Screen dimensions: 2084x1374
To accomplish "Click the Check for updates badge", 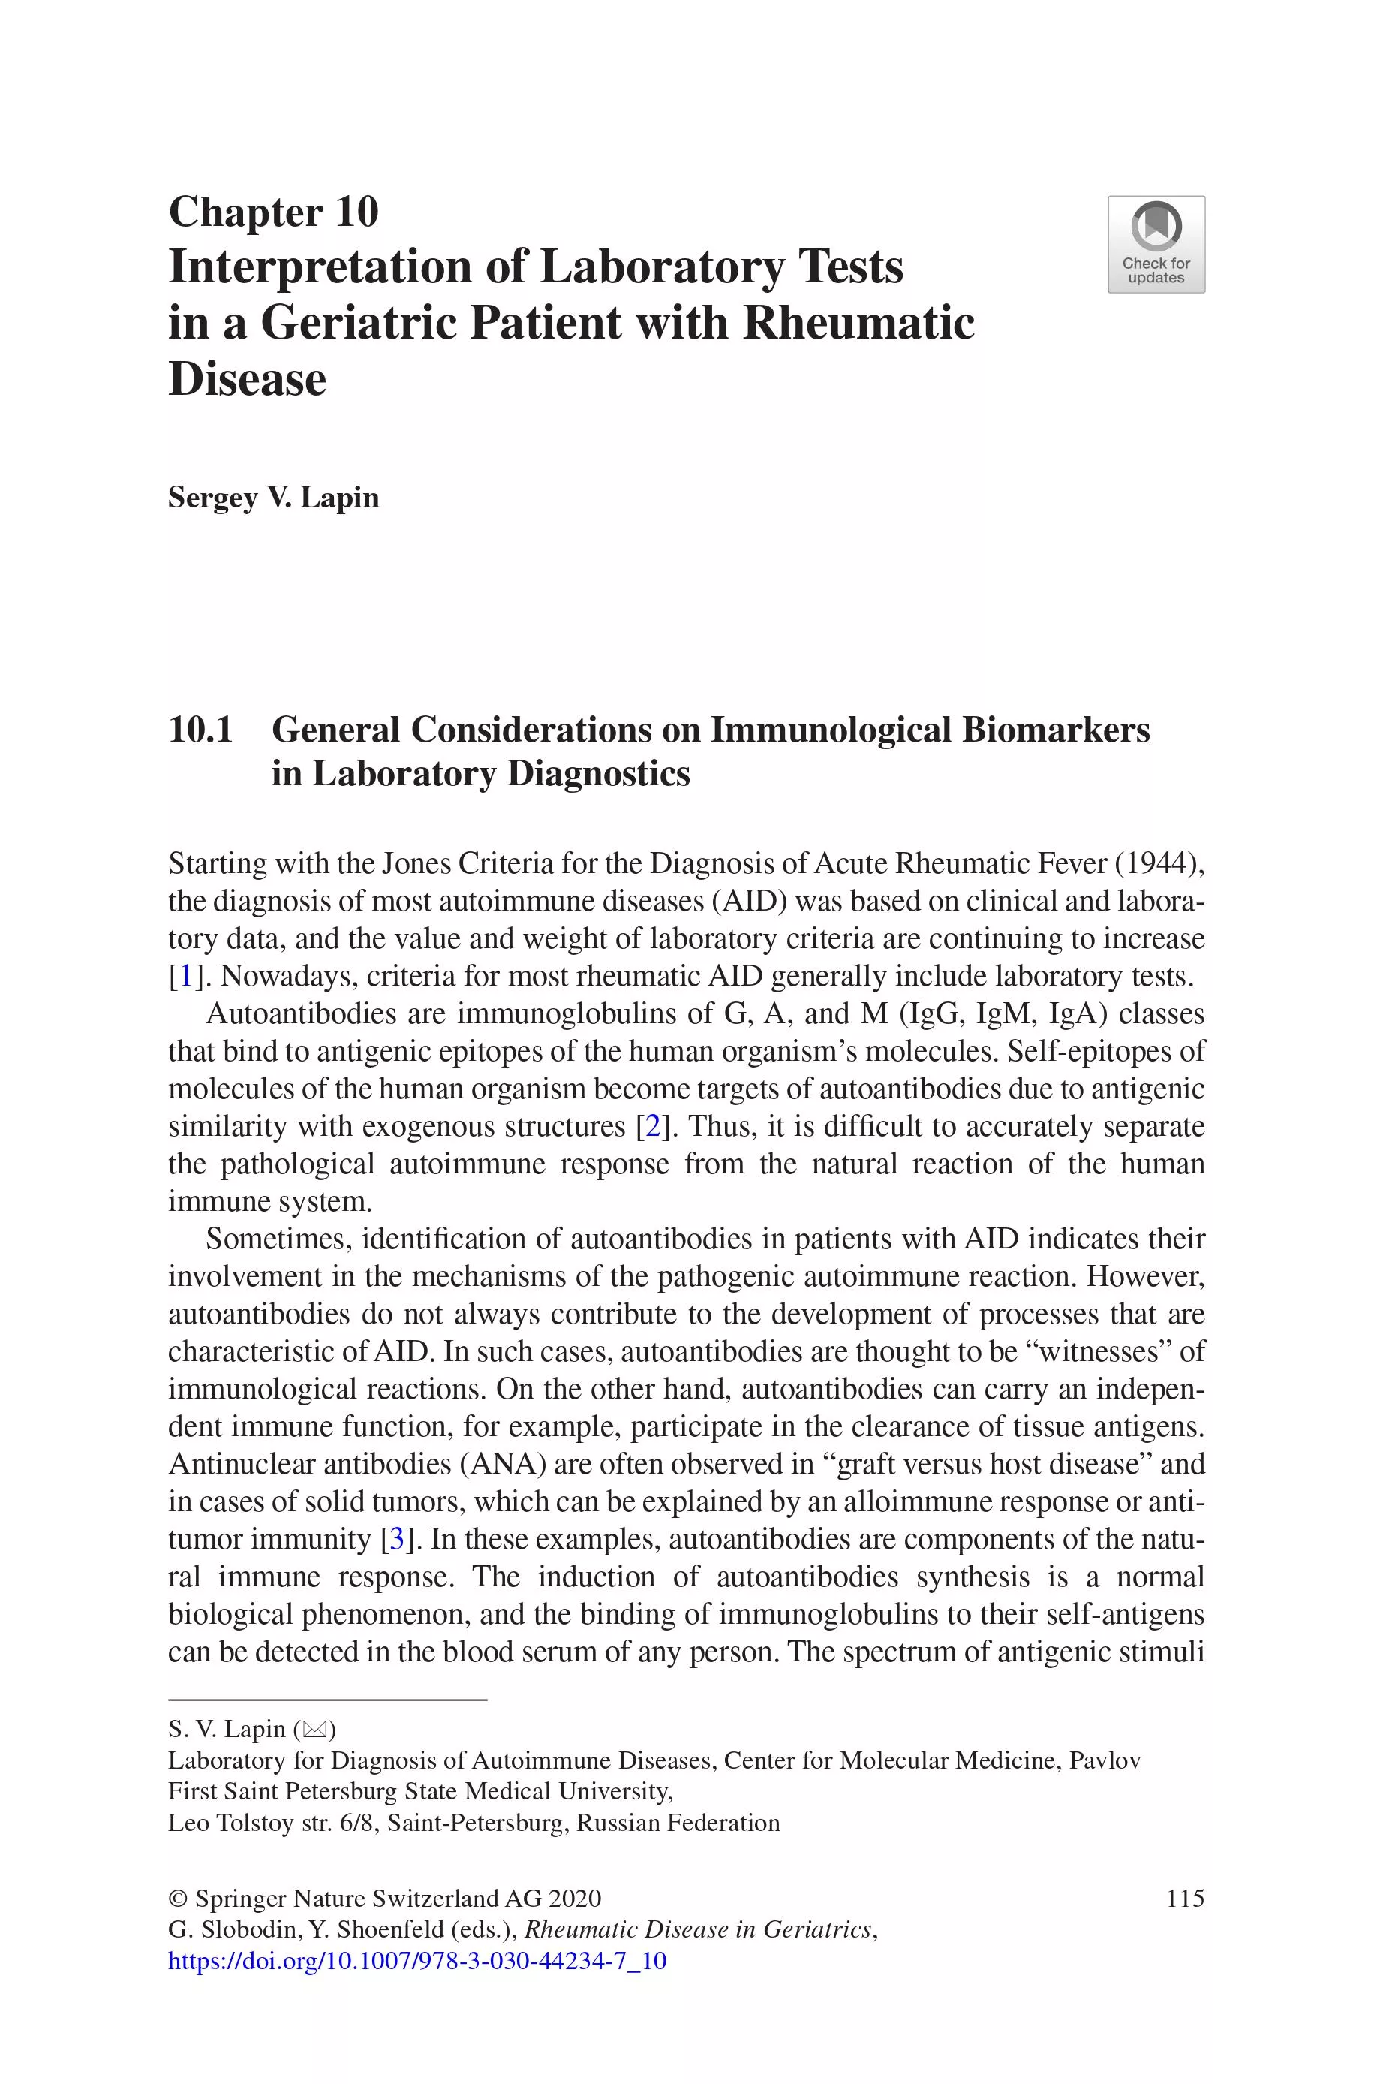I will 1156,244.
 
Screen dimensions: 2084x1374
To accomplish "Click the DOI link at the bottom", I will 417,1960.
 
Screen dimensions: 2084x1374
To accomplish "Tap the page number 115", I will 1185,1899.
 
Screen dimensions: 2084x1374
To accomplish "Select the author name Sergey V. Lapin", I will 273,498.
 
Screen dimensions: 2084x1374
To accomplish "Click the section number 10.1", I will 200,730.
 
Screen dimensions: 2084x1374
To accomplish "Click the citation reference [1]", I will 186,976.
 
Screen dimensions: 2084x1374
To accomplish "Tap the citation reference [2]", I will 652,1126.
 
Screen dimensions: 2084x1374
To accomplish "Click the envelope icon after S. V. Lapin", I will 314,1729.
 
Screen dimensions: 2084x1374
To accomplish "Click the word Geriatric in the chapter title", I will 359,323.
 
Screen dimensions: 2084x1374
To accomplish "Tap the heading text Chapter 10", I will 273,212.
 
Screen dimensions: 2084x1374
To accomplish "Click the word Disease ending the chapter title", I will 247,378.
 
